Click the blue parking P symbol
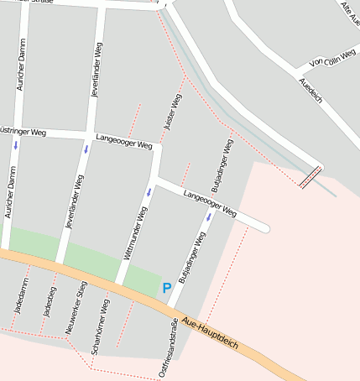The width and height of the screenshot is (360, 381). (167, 288)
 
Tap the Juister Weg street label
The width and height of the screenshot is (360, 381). (173, 113)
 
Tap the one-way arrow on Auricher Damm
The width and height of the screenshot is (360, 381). (15, 144)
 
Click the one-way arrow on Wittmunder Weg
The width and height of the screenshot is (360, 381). (149, 191)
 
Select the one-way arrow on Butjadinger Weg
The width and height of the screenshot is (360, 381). (209, 217)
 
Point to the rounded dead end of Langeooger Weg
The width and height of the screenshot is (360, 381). (264, 227)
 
